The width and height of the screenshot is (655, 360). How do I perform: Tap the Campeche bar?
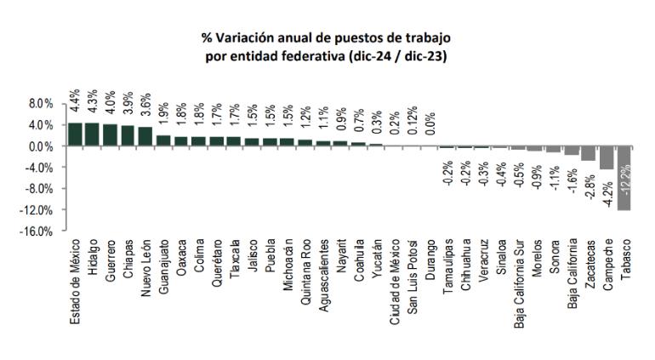(x=606, y=157)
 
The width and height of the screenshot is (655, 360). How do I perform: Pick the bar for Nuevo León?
(x=145, y=136)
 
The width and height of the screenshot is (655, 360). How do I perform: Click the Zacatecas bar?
(x=588, y=153)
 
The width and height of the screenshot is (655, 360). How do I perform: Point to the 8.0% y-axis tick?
(x=41, y=104)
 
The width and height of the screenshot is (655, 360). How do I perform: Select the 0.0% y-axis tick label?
(x=41, y=146)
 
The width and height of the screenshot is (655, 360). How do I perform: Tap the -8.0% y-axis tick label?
(x=39, y=189)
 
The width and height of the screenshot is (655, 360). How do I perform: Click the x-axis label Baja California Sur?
(x=518, y=280)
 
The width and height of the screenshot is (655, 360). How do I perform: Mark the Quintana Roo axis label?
(x=305, y=271)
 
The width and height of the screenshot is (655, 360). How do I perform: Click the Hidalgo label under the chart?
(x=91, y=260)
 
